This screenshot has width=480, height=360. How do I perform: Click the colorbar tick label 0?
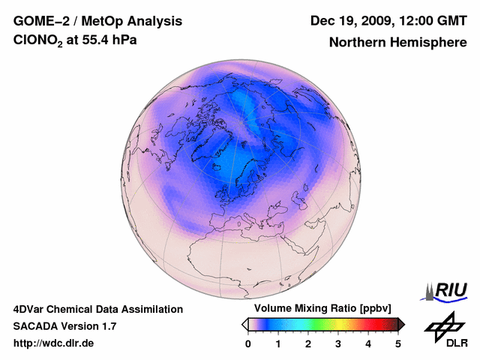[248, 343]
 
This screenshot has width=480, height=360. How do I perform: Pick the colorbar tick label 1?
[278, 343]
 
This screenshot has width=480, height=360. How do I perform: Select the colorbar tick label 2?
[308, 343]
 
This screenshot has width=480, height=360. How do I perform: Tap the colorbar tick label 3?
[338, 343]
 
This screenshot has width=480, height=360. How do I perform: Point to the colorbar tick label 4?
[368, 343]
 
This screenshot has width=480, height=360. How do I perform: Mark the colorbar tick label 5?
[398, 343]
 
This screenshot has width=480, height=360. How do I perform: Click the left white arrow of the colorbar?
[244, 324]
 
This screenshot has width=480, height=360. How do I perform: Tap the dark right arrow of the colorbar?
[401, 324]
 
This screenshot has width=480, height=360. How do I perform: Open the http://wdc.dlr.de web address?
[54, 343]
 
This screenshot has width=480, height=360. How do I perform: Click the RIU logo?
[446, 290]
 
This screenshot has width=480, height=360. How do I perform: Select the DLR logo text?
[457, 343]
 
